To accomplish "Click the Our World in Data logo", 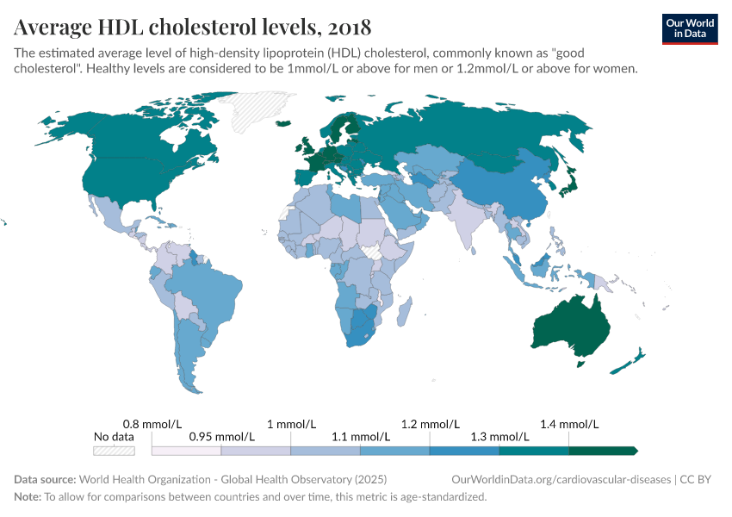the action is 689,28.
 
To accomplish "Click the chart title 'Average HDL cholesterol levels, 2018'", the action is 193,26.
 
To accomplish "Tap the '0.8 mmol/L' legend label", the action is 152,424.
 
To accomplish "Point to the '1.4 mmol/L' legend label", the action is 568,424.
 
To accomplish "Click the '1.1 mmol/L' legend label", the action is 360,437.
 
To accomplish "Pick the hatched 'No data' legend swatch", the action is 114,450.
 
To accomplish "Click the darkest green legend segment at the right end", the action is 602,450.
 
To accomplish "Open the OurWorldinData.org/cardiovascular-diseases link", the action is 561,479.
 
